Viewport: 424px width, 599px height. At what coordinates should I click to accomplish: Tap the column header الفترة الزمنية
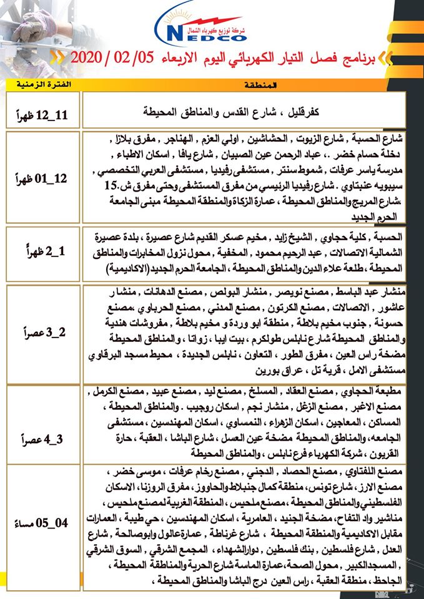(43, 84)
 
